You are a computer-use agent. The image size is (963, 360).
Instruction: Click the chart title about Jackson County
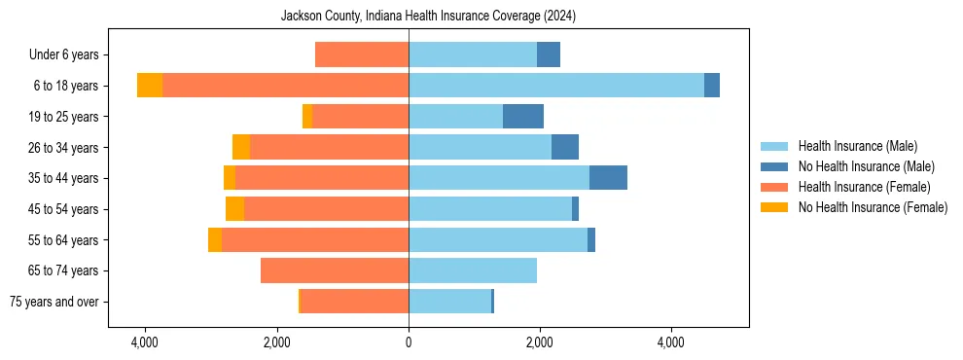428,16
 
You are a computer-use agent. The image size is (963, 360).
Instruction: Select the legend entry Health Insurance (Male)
857,146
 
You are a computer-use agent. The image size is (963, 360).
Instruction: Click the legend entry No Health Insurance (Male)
866,166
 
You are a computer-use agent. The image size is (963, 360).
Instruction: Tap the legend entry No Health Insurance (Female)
873,207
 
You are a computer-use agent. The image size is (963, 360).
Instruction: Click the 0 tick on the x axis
409,342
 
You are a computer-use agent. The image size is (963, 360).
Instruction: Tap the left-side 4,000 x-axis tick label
145,342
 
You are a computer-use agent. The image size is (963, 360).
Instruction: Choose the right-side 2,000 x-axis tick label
540,342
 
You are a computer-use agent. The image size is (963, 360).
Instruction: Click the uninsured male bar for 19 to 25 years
523,117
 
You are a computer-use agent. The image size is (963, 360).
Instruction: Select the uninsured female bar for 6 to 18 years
150,86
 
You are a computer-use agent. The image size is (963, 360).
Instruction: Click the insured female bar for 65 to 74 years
335,270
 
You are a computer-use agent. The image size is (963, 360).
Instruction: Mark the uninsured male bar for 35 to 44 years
608,178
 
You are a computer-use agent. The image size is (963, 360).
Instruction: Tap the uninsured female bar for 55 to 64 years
215,239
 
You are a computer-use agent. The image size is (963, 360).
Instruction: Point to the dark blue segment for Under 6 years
549,55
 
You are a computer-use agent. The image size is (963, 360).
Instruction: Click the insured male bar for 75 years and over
449,302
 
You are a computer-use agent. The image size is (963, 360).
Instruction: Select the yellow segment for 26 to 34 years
241,147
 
